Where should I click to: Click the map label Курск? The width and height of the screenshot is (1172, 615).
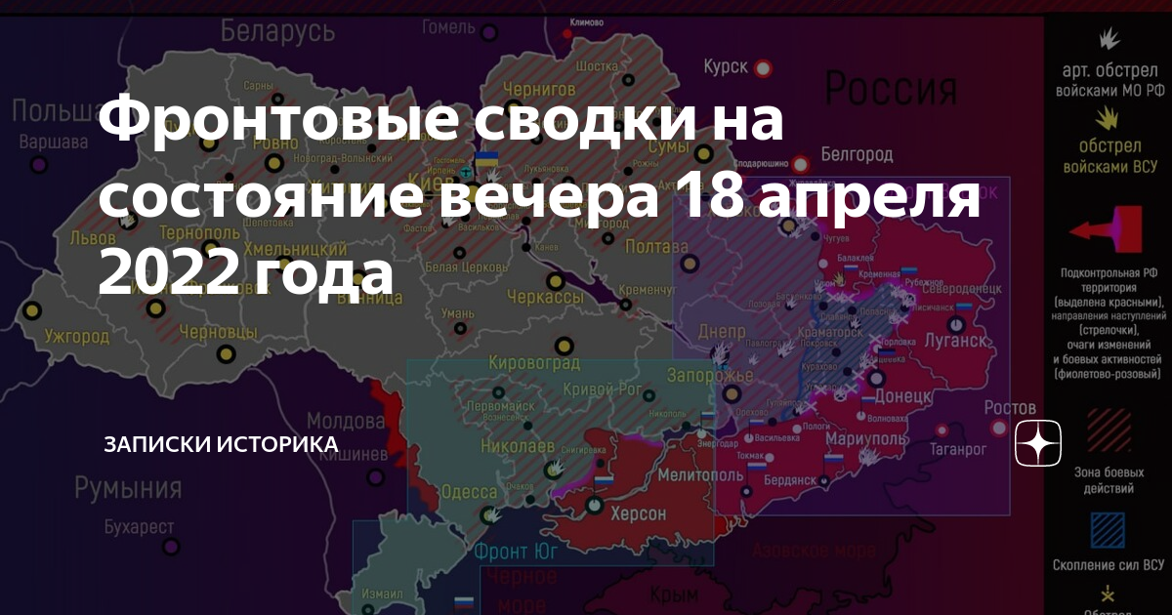(726, 66)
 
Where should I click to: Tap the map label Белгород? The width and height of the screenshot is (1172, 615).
(857, 154)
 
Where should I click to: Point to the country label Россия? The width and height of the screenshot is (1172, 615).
(891, 90)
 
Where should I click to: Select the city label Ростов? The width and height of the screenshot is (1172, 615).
(1010, 406)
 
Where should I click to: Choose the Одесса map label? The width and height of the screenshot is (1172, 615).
(469, 492)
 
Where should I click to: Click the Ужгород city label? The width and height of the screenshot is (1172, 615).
(77, 337)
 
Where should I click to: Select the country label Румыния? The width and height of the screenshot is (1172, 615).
(128, 486)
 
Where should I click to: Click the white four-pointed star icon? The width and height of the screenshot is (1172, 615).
(1038, 444)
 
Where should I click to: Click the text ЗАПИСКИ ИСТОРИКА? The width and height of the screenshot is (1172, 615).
(221, 444)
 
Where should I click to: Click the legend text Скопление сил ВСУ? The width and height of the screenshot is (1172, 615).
(1108, 565)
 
